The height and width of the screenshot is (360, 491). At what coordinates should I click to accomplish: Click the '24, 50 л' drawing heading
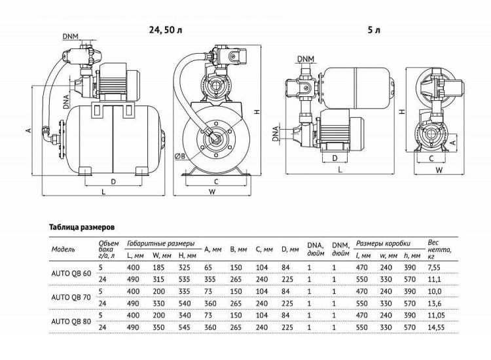(x=166, y=30)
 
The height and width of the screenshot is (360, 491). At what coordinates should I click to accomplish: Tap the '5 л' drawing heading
(x=374, y=30)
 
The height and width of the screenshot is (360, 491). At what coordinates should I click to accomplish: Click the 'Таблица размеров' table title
(x=82, y=227)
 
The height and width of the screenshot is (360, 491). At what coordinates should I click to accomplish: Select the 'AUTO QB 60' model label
(x=71, y=274)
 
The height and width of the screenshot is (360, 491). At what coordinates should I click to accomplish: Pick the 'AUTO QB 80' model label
(x=71, y=321)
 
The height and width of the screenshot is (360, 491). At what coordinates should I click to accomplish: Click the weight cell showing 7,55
(x=434, y=268)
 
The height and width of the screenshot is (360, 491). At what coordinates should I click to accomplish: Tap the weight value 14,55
(x=436, y=327)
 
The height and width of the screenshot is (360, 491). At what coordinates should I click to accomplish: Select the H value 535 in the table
(x=185, y=279)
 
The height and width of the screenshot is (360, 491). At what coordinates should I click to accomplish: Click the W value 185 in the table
(x=158, y=268)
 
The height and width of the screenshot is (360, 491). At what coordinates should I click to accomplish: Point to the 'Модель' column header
(x=63, y=249)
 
